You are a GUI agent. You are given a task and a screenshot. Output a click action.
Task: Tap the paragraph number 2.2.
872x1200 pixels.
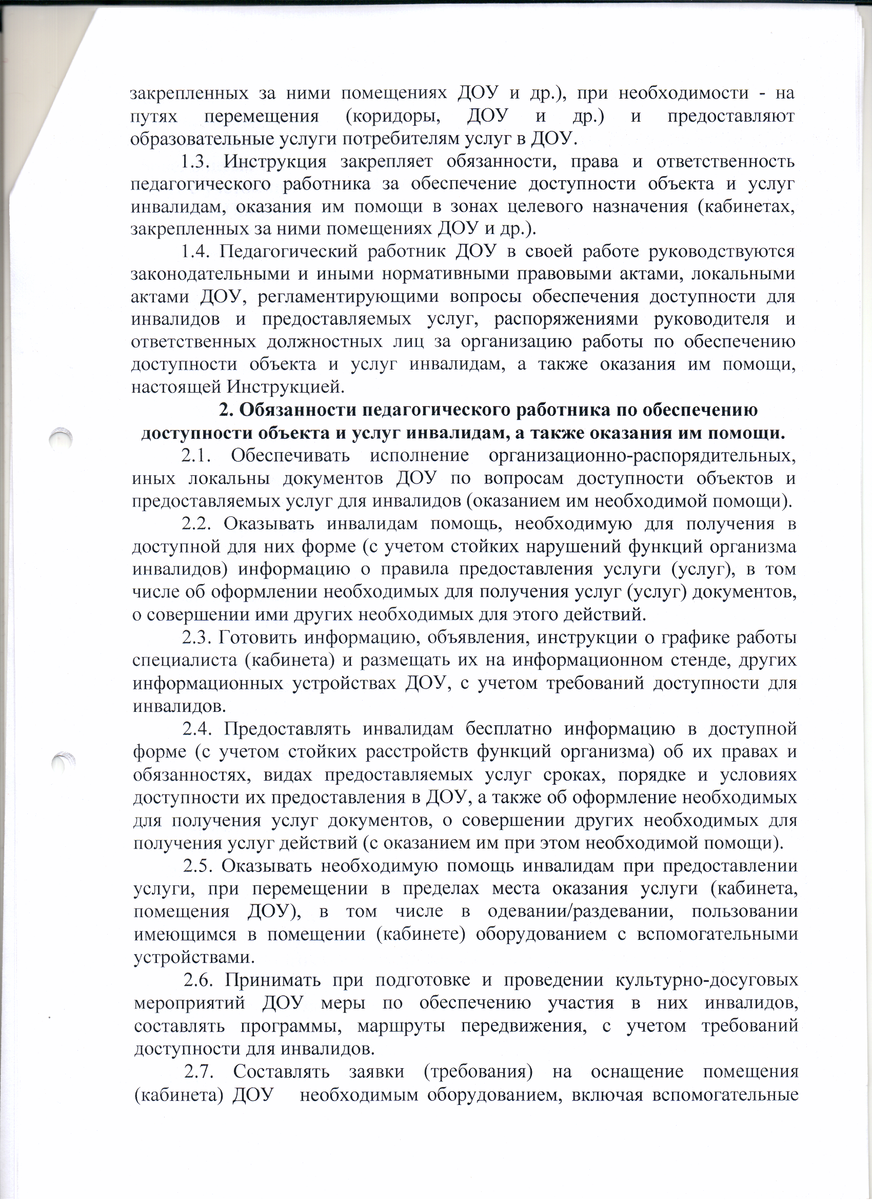197,524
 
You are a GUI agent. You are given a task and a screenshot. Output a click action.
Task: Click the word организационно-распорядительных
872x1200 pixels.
643,456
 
